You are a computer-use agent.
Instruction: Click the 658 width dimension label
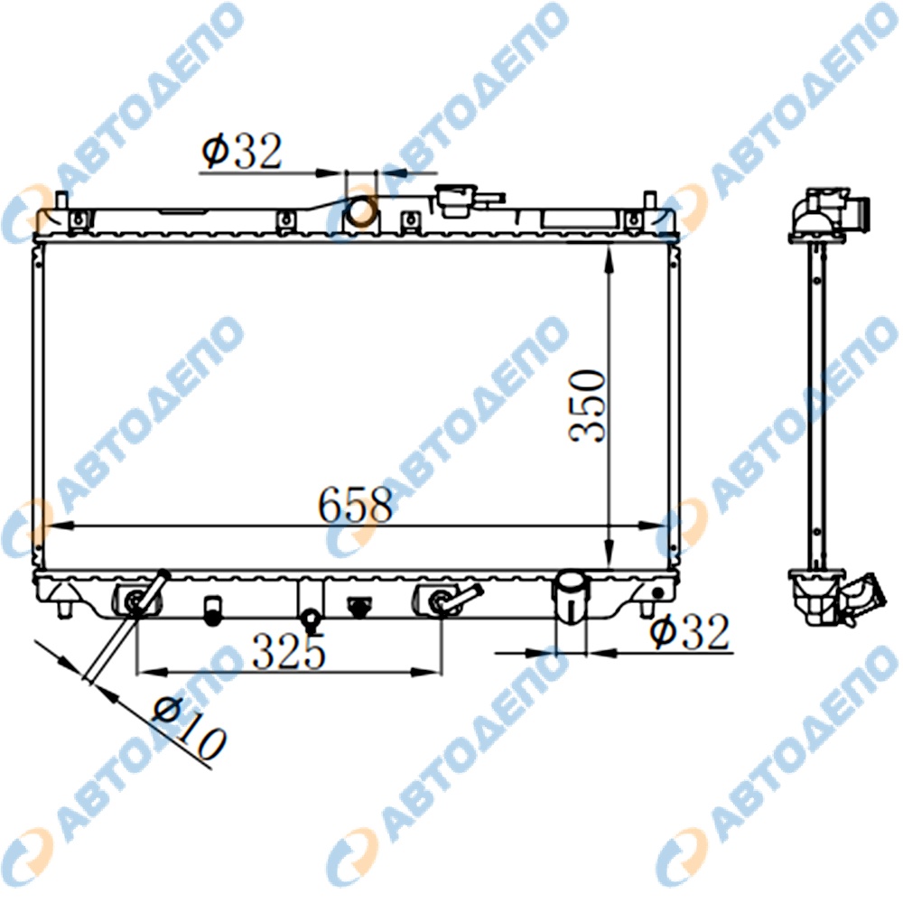pos(355,505)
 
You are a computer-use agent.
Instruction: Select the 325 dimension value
pos(289,651)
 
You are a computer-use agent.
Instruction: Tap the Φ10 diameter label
pos(189,729)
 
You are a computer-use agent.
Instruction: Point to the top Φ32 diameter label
pos(242,151)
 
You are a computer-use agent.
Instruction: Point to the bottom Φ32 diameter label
pos(689,632)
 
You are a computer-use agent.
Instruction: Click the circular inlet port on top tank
pos(362,210)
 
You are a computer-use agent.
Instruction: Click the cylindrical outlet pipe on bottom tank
pos(571,596)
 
